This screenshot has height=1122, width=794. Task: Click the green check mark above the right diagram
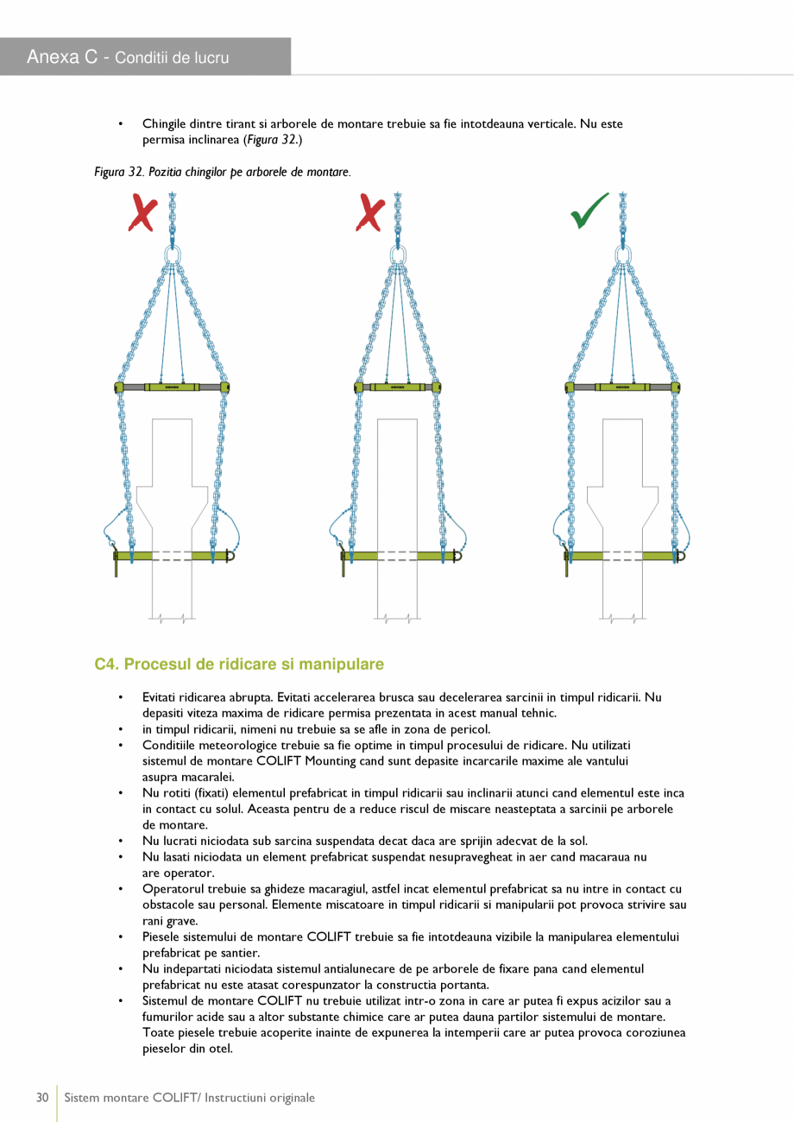click(590, 211)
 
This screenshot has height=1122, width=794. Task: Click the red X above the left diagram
click(142, 212)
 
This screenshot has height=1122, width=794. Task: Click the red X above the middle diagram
click(370, 212)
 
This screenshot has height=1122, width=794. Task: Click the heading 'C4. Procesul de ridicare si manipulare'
click(239, 665)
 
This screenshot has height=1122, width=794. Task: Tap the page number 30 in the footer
click(41, 1098)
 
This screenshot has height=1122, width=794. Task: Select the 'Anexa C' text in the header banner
click(61, 58)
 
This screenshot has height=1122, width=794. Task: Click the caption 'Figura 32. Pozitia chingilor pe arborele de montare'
click(222, 173)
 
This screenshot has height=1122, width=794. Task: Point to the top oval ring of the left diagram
click(172, 255)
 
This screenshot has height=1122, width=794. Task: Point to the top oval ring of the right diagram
click(622, 255)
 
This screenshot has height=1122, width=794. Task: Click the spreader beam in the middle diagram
click(398, 388)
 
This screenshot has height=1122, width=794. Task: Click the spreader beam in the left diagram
click(172, 388)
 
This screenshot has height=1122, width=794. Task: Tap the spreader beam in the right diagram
click(622, 388)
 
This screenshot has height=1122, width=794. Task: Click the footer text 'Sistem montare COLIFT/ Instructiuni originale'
click(190, 1098)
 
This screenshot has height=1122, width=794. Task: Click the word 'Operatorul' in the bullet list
click(173, 888)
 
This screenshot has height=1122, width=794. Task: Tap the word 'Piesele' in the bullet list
click(162, 936)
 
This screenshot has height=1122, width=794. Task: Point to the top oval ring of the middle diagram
click(398, 255)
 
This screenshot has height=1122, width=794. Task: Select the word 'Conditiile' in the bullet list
click(170, 744)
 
